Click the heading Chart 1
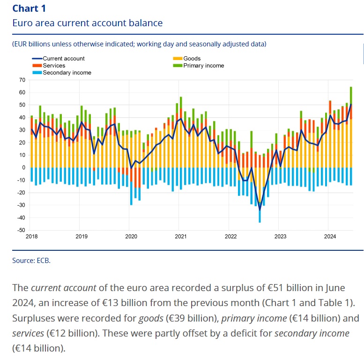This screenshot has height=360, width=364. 29,8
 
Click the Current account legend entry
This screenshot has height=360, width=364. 63,59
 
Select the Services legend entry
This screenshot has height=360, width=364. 54,66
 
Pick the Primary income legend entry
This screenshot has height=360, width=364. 203,66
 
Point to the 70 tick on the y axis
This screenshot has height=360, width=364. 22,80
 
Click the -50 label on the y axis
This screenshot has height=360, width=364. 21,230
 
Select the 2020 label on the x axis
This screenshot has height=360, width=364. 131,237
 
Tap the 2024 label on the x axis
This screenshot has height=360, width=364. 329,237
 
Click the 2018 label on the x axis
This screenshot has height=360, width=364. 32,237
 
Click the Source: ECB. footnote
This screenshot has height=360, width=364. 31,260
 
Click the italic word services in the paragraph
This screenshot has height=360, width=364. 28,333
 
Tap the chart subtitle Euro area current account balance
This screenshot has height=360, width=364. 88,23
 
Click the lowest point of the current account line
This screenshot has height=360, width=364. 260,210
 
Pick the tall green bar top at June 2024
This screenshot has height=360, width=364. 351,88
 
